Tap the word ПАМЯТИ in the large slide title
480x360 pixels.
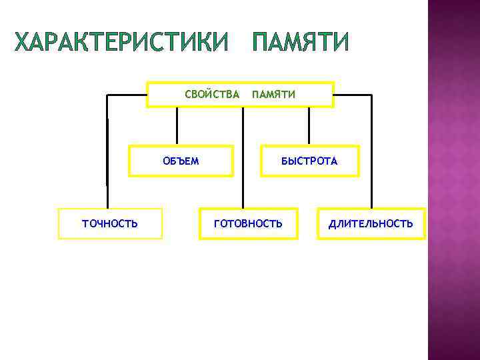[300, 43]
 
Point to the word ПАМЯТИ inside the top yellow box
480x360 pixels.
[273, 95]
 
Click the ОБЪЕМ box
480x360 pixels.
[181, 161]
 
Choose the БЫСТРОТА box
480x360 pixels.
[309, 161]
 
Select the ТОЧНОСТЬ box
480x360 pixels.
[110, 223]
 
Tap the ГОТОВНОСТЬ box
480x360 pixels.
[248, 223]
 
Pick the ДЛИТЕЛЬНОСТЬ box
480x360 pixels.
[371, 223]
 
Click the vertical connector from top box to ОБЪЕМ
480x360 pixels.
[177, 126]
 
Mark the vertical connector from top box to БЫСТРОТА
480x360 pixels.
[309, 126]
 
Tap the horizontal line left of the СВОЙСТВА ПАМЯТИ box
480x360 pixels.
[127, 95]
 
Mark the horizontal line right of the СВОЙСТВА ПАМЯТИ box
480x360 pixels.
[352, 95]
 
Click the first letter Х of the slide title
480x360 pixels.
[23, 43]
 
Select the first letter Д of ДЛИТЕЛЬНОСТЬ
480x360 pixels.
[332, 223]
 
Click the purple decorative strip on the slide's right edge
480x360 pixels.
[453, 180]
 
